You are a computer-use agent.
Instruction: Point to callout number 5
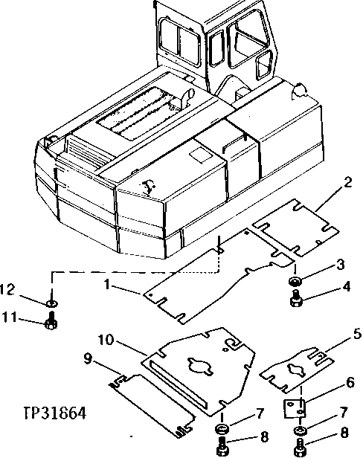pos(337,334)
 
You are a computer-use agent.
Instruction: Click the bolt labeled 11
pos(51,323)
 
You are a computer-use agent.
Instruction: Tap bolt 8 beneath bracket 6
pos(300,448)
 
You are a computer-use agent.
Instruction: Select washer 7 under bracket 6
pos(300,432)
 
